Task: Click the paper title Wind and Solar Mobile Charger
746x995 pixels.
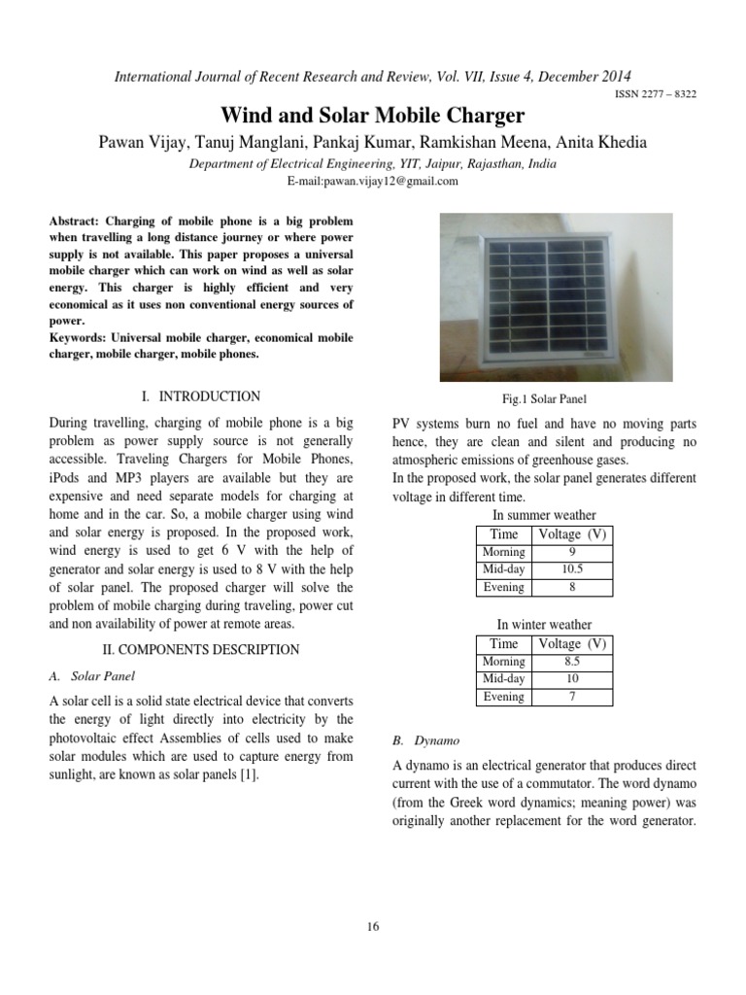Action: pos(373,116)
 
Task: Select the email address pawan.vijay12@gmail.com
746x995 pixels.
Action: pos(373,182)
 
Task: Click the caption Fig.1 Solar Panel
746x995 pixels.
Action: pos(544,399)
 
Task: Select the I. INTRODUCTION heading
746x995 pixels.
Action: pos(201,396)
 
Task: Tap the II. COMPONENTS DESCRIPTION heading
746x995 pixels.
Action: pos(201,649)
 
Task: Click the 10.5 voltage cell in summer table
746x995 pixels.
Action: pos(571,569)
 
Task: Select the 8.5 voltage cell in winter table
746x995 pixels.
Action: pos(571,662)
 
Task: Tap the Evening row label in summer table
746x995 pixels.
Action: pos(503,587)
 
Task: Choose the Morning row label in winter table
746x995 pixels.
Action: pos(503,662)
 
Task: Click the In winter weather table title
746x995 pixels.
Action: pos(544,625)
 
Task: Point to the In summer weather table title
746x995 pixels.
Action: pos(544,515)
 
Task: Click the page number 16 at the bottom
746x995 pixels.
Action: pos(373,926)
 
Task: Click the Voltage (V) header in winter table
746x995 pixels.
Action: pos(571,643)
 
